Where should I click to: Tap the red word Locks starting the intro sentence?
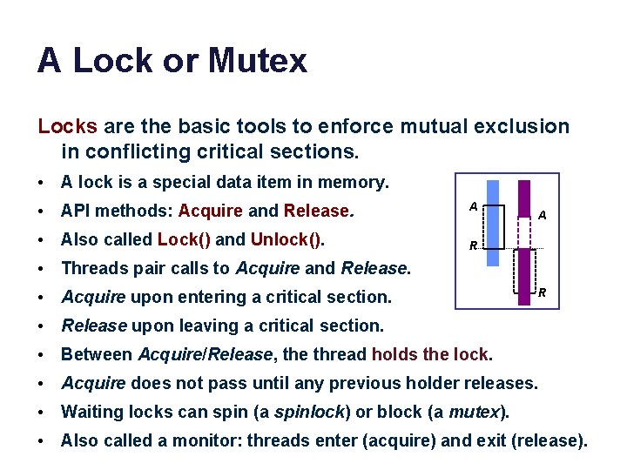(67, 126)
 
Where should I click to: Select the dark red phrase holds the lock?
(431, 354)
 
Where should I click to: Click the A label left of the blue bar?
(473, 206)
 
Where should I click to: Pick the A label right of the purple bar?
(542, 214)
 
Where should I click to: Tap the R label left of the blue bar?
(473, 246)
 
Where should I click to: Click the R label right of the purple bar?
(542, 292)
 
